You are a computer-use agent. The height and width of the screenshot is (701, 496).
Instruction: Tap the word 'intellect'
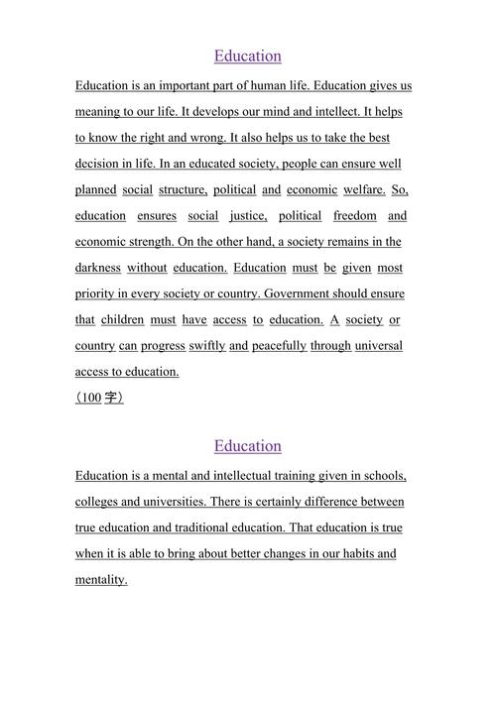[x=308, y=111]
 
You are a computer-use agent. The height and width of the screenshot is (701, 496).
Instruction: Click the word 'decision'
[x=101, y=164]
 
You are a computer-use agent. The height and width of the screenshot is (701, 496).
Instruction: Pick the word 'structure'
[x=183, y=189]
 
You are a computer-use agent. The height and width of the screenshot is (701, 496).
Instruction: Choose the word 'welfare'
[x=364, y=189]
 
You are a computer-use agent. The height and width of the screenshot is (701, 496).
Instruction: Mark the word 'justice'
[x=248, y=215]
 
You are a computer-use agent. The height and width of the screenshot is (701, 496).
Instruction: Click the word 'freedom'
[x=355, y=215]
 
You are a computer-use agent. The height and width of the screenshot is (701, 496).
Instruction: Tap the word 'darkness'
[x=98, y=268]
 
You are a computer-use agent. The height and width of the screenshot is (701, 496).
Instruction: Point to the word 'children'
[x=122, y=319]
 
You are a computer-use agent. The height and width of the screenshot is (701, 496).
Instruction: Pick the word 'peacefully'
[x=279, y=346]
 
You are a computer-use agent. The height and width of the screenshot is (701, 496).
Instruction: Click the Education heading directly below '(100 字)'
[x=248, y=445]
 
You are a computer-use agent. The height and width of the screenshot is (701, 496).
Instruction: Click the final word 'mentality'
[x=101, y=580]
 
